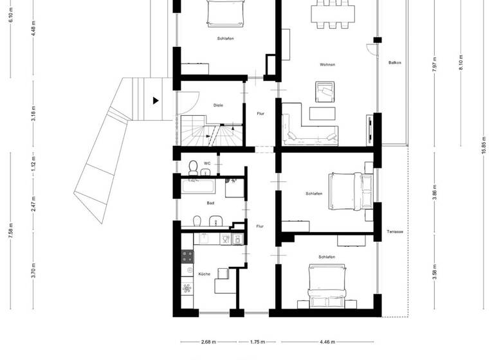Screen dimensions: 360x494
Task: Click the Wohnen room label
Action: click(327, 65)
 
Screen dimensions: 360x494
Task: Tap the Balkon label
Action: click(395, 63)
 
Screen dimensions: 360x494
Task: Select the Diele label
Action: click(218, 105)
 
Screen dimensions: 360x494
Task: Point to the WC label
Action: click(207, 163)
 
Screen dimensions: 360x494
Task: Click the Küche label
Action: click(204, 274)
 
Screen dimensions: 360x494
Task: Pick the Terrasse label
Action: click(395, 231)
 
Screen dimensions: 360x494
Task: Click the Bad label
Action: click(210, 203)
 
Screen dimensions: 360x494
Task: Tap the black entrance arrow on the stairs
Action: click(155, 100)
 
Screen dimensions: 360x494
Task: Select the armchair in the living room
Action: click(324, 92)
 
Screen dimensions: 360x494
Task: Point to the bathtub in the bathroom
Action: click(199, 187)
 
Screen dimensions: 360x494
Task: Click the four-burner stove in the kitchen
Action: click(188, 257)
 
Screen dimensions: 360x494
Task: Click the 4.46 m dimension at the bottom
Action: click(327, 343)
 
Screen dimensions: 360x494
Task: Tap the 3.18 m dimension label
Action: click(34, 116)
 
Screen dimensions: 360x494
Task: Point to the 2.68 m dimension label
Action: click(208, 343)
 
